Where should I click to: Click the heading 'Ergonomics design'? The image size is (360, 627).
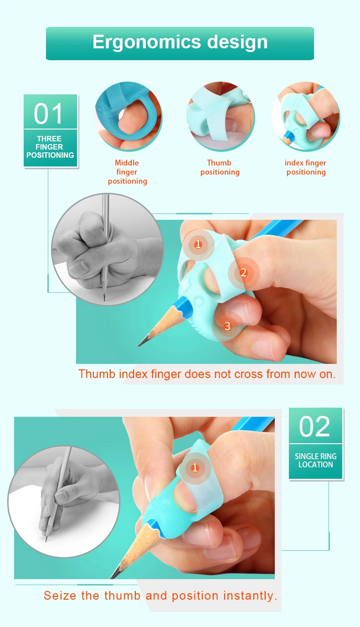tap(180, 42)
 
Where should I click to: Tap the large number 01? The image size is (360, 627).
tap(48, 114)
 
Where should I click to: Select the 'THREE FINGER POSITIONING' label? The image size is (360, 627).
tap(50, 147)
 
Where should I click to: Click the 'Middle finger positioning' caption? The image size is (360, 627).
tap(127, 172)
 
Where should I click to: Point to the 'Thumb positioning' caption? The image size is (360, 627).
tap(220, 167)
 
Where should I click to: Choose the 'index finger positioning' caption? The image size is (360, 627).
tap(305, 167)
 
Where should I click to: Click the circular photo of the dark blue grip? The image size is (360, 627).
tap(128, 116)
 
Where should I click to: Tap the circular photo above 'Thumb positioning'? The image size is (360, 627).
tap(221, 116)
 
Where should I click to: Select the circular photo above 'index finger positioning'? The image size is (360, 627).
tap(306, 116)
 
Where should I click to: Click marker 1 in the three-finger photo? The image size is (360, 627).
tap(198, 244)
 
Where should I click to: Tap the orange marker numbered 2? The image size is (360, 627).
tap(244, 273)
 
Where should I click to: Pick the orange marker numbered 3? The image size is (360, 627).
tap(228, 326)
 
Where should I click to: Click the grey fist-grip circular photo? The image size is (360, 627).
tap(108, 249)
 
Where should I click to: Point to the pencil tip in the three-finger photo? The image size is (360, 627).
tap(139, 346)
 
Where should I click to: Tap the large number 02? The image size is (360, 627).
tap(315, 426)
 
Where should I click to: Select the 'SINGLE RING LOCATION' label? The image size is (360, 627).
tap(315, 460)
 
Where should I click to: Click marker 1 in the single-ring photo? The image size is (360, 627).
tap(195, 468)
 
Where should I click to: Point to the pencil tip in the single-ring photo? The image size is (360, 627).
tap(112, 577)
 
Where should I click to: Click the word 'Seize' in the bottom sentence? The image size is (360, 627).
tap(60, 596)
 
